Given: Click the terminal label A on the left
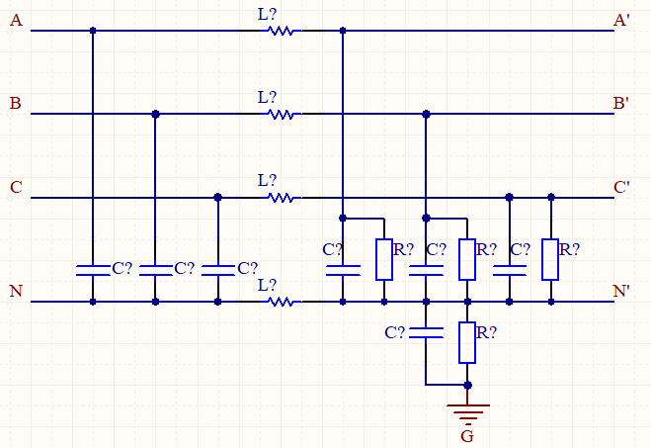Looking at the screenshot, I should (15, 20).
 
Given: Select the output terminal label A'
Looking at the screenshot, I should (622, 20).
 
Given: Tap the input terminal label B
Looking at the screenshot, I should (15, 103).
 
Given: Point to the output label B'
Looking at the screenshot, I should (622, 103).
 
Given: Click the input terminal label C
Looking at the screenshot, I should (15, 187).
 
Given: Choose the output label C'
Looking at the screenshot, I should (622, 187).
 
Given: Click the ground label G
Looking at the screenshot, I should (467, 435).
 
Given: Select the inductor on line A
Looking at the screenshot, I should (282, 31).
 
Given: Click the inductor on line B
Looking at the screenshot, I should (282, 115).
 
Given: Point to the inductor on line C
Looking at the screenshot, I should (282, 198).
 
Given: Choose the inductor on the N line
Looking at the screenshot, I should (282, 302).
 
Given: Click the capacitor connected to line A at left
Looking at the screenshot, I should (93, 269).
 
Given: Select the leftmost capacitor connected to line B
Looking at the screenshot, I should (155, 269).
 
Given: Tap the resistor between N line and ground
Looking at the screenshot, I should (467, 342).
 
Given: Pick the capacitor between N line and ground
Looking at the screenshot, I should (426, 332).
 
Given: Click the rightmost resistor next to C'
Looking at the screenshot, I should (550, 259).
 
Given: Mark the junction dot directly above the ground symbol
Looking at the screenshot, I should (467, 385).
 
